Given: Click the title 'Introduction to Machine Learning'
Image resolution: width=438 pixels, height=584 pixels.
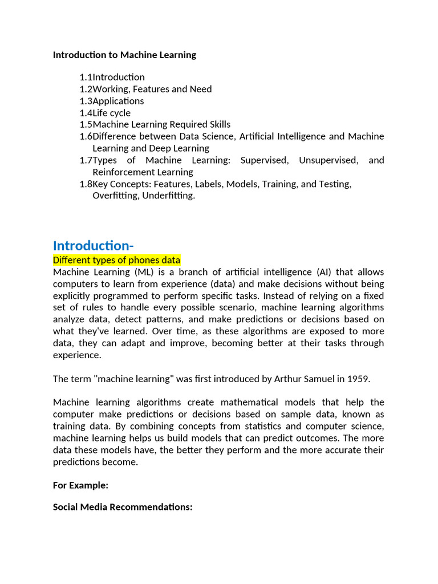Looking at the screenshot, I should coord(124,55).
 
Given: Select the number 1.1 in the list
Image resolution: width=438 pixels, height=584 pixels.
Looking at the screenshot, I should coord(86,77).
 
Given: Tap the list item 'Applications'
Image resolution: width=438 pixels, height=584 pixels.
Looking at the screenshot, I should coord(118,101).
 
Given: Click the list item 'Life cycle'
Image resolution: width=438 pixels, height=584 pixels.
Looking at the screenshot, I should coord(111,113).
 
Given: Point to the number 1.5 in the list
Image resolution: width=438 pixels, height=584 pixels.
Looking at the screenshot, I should coord(86,124).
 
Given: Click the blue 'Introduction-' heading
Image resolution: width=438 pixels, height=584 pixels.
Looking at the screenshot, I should coord(93,245).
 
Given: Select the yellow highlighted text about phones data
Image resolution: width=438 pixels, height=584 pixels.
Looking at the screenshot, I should coord(116,260).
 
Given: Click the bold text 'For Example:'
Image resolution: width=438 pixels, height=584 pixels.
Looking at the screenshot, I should coord(80,485).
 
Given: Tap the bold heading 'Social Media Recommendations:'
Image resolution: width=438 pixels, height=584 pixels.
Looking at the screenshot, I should coord(123,507).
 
